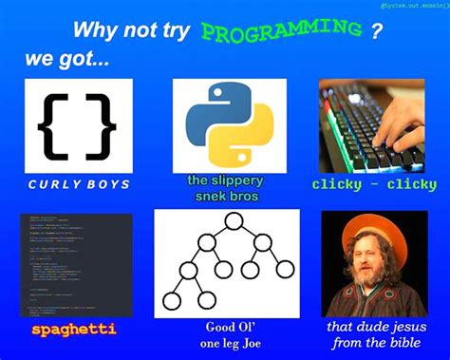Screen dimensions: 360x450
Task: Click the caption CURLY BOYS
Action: click(79, 183)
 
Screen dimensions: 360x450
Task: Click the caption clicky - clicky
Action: click(373, 184)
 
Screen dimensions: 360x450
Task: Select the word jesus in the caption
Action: click(405, 327)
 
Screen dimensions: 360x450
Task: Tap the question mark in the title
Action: click(377, 31)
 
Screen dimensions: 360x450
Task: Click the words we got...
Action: click(66, 59)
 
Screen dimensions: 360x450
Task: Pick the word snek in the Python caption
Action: click(203, 197)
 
